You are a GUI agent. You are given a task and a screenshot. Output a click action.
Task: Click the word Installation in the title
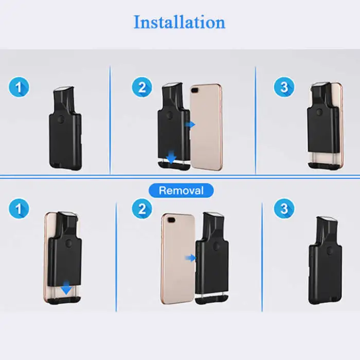[x=179, y=23]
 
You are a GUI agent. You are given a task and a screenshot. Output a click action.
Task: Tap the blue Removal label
[x=181, y=190]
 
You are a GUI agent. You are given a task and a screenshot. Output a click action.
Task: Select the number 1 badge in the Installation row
[x=19, y=86]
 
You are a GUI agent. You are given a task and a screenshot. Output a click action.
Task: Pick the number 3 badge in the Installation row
[x=284, y=86]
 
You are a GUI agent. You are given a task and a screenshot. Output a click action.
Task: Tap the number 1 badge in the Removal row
[x=19, y=208]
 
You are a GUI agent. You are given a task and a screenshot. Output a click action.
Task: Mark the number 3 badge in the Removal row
[x=284, y=208]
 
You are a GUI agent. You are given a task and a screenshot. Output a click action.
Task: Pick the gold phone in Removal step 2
[x=177, y=257]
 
